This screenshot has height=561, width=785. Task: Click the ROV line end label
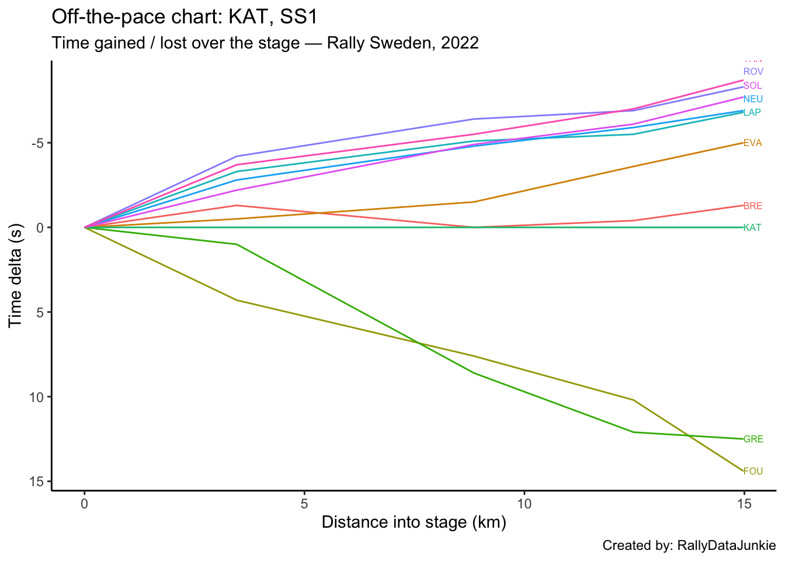click(x=753, y=72)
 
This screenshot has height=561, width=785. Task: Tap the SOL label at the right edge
click(x=752, y=86)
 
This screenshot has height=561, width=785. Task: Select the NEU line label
click(x=753, y=99)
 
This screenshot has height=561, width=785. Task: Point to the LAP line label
click(x=752, y=112)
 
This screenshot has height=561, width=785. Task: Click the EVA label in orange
click(x=752, y=143)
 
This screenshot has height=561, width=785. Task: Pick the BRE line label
click(x=752, y=206)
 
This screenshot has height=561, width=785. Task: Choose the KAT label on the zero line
click(x=752, y=228)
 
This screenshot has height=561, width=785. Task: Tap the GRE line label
click(x=753, y=439)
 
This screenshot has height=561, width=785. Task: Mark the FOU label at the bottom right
click(x=753, y=472)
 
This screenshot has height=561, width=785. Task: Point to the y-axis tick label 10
click(x=37, y=397)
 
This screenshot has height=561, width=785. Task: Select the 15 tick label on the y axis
click(x=37, y=482)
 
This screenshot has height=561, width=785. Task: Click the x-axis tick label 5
click(x=304, y=503)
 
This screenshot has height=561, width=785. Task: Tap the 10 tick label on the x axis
click(x=524, y=503)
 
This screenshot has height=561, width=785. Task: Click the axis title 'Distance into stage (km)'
click(x=414, y=522)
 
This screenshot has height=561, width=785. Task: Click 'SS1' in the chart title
click(x=298, y=17)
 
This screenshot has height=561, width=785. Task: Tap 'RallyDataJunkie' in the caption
click(x=726, y=546)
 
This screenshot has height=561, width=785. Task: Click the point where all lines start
click(x=85, y=227)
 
